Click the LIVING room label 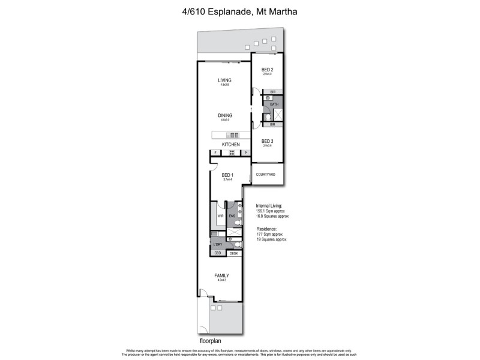point(224,80)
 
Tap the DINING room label point(224,115)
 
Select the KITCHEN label point(231,145)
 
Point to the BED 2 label point(268,70)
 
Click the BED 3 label point(268,140)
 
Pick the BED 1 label point(227,175)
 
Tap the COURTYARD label point(265,174)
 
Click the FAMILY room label point(222,275)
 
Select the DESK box point(233,254)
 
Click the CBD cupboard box point(218,254)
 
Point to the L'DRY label point(218,245)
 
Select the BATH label point(274,104)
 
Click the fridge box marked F point(215,154)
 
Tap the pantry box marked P point(245,154)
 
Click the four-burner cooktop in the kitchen point(231,154)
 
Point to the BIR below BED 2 point(272,92)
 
